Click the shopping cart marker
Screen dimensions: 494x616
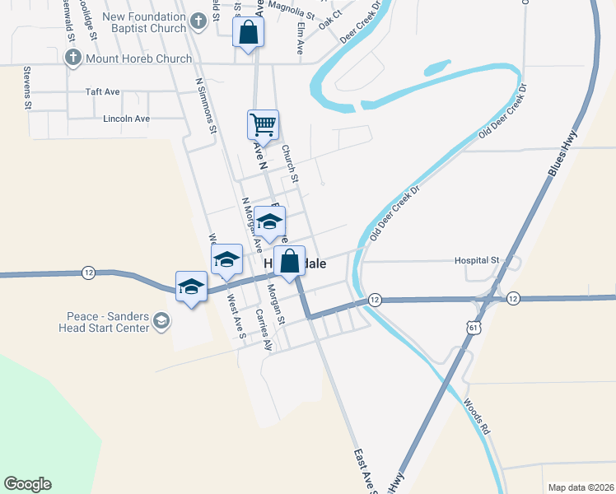tap(263, 125)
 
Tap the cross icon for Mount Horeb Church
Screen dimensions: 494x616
tap(73, 58)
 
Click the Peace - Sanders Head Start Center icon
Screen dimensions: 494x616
tap(161, 321)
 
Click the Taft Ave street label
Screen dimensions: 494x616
tap(103, 92)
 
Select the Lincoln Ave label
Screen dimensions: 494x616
tap(126, 119)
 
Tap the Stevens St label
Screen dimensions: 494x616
tap(27, 88)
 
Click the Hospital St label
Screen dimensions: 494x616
tap(477, 260)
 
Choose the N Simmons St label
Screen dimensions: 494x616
tap(206, 105)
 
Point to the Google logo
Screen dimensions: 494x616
tap(27, 484)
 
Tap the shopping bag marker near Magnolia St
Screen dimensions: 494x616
tap(248, 34)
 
